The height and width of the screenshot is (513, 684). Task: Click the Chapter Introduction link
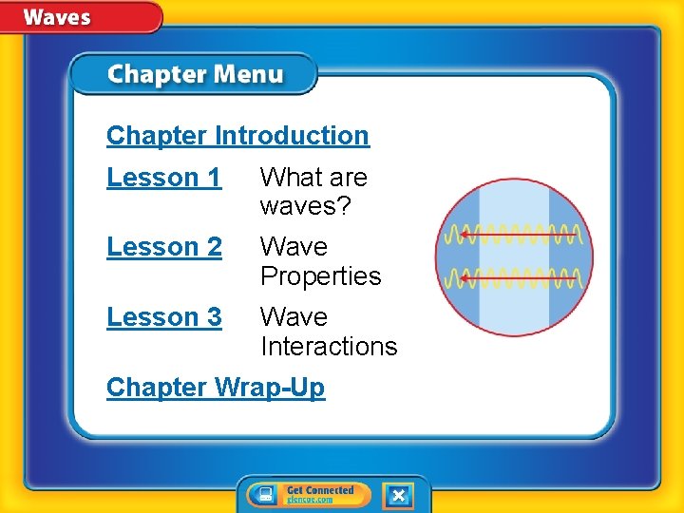tap(237, 136)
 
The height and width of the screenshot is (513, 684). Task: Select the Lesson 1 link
tap(163, 178)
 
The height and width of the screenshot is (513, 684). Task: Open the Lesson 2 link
tap(163, 247)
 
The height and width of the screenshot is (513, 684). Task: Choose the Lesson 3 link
tap(163, 317)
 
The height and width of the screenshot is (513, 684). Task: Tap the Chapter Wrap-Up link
tap(216, 388)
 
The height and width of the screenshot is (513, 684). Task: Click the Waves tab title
tap(57, 16)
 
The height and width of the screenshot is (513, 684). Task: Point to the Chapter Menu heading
tap(195, 74)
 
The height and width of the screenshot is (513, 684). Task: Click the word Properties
tap(320, 276)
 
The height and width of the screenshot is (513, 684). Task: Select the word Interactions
tap(329, 347)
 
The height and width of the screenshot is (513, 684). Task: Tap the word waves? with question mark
tap(305, 206)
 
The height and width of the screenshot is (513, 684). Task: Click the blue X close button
tap(398, 495)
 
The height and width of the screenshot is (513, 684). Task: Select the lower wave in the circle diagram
tap(514, 277)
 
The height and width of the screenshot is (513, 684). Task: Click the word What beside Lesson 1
tap(287, 178)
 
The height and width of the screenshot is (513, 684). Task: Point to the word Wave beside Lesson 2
tap(294, 247)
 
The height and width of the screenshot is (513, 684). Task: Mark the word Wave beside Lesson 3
tap(294, 317)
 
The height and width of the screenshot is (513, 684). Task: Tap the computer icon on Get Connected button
tap(267, 495)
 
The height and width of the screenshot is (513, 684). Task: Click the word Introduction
tap(292, 136)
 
